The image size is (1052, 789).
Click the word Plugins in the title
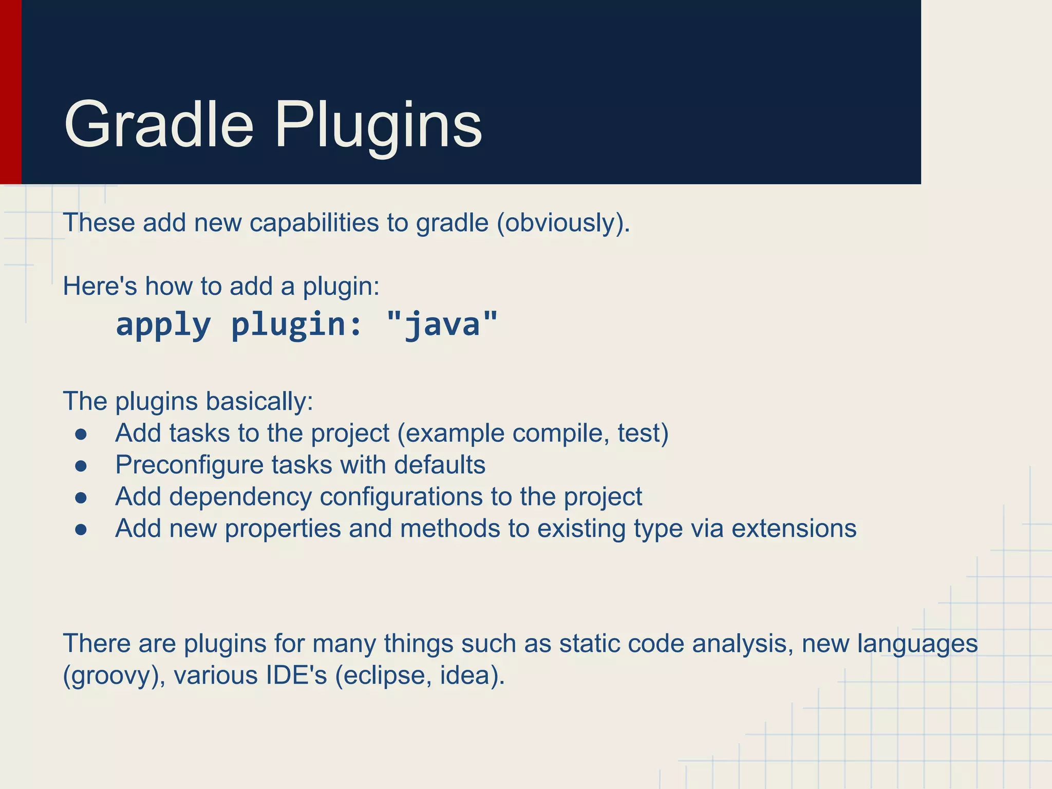[x=379, y=125]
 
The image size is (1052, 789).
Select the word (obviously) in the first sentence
[x=563, y=223]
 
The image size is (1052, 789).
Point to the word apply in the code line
[x=163, y=325]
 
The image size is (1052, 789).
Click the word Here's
[x=100, y=286]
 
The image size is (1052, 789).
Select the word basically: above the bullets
[x=259, y=401]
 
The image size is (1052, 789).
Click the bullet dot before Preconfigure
[x=81, y=466]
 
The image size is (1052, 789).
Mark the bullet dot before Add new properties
[x=81, y=530]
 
